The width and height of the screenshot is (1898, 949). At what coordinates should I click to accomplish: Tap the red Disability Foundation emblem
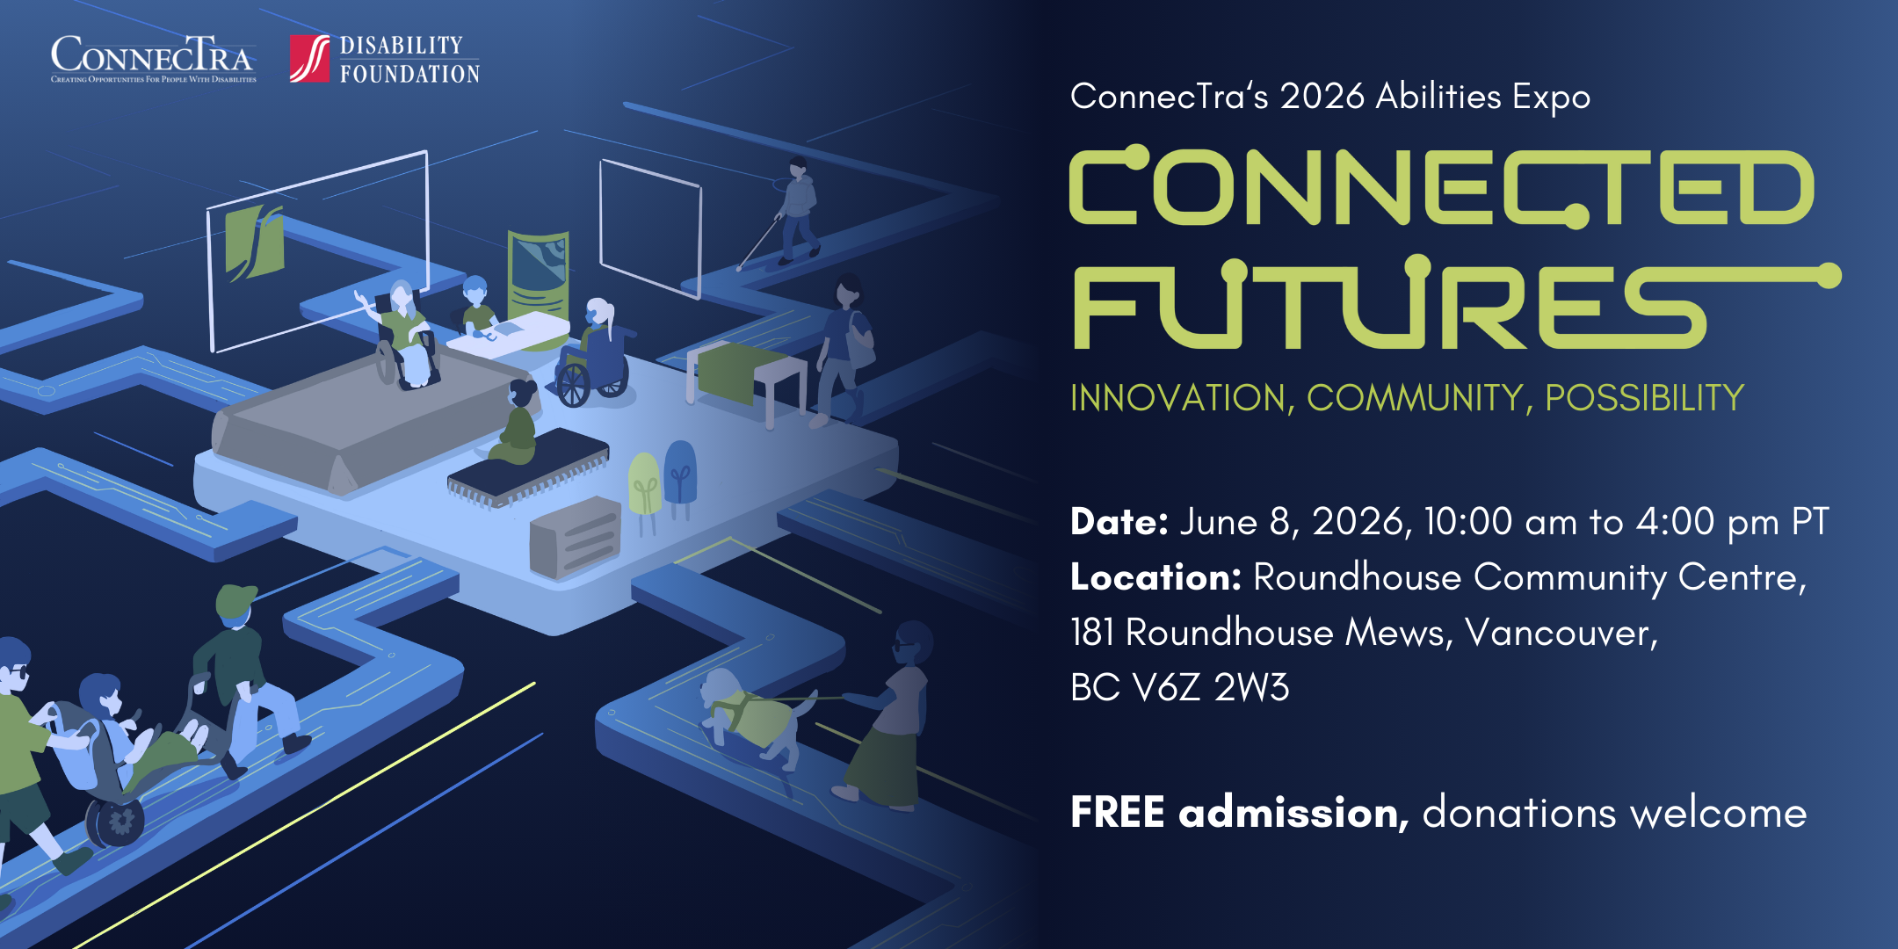tap(310, 59)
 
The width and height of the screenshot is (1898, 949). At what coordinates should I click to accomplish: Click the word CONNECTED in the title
tap(1441, 186)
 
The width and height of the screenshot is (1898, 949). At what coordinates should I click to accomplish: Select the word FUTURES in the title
tap(1388, 303)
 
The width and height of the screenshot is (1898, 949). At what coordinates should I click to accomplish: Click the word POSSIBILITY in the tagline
tap(1644, 398)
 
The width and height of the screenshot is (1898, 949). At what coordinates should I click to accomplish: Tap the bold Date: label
tap(1119, 522)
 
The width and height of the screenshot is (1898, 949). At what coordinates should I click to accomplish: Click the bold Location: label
tap(1155, 577)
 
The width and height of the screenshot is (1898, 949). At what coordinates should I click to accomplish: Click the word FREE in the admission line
tap(1117, 812)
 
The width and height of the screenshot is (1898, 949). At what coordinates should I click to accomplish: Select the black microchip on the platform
tap(528, 467)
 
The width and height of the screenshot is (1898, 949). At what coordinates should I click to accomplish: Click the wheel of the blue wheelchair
tap(575, 385)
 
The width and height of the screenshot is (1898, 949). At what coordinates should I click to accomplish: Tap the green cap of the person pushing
tap(235, 600)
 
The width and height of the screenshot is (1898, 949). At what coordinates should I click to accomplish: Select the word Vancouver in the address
tap(1561, 633)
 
